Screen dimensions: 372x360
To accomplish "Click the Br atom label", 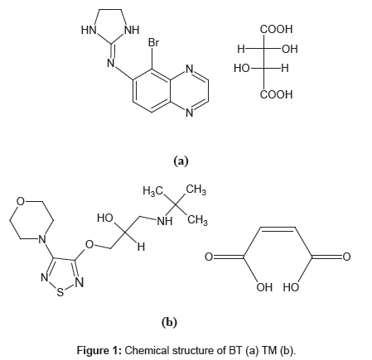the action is tap(153, 42).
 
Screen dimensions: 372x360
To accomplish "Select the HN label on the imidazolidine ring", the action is tap(89, 30).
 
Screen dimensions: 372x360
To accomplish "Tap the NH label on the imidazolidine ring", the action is tap(132, 30).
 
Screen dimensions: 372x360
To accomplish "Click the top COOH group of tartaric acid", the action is tap(276, 29).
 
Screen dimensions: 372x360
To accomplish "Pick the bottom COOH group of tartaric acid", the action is tap(276, 94).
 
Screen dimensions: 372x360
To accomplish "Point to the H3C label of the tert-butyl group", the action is tap(152, 190).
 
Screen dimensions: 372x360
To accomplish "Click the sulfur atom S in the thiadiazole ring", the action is tap(60, 292).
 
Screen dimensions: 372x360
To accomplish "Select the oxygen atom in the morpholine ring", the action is tap(21, 201).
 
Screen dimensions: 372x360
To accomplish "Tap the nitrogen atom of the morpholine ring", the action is tap(42, 239).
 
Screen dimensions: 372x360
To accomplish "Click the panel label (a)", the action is tap(181, 161).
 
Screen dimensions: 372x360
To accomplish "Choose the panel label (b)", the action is tap(169, 322).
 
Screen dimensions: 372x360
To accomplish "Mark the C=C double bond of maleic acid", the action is tap(278, 228).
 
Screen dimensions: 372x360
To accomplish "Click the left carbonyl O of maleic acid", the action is tap(209, 257).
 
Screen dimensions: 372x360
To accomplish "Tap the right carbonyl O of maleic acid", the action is tap(346, 257).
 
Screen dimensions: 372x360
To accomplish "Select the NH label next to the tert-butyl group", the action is tap(165, 221).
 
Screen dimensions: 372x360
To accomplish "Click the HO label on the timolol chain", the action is tap(105, 218).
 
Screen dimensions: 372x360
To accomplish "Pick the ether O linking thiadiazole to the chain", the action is tap(89, 244).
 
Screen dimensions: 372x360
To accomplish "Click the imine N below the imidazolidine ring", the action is tap(111, 63).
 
